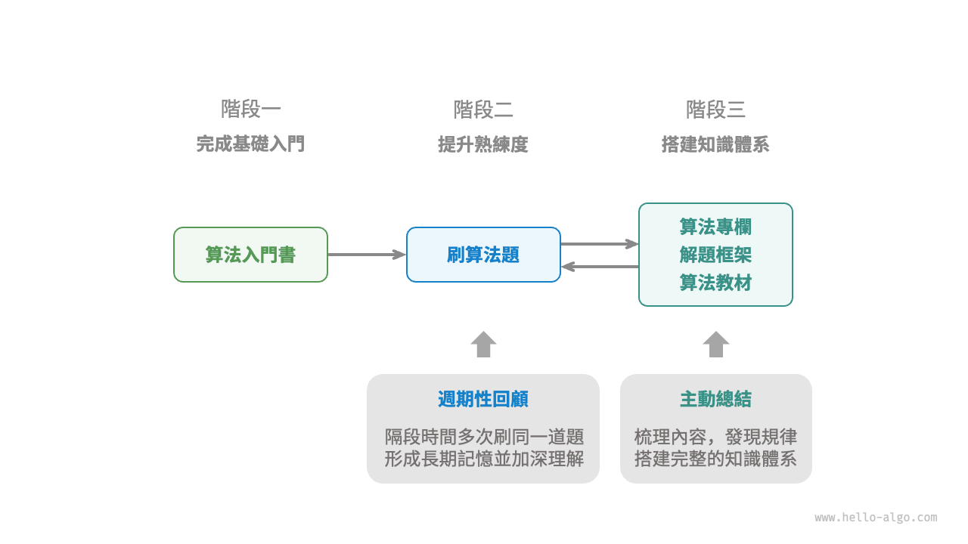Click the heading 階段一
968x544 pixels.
(250, 110)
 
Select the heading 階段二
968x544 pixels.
(483, 110)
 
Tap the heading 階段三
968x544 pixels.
(715, 110)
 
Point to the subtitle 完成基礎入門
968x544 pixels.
(250, 144)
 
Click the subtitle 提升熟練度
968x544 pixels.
(483, 144)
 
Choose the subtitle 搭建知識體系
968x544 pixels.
(715, 144)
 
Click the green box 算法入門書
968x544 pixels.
(250, 255)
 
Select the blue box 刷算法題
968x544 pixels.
(483, 255)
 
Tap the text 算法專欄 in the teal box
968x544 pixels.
(715, 227)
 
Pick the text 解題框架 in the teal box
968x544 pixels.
(715, 255)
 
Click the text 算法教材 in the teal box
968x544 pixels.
(715, 283)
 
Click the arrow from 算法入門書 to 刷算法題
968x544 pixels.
(367, 255)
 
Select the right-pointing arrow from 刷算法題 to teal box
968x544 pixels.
(600, 243)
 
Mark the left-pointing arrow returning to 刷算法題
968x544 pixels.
(600, 266)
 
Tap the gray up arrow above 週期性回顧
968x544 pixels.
(483, 345)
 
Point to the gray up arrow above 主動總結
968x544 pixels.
(715, 345)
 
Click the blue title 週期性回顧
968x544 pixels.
(483, 399)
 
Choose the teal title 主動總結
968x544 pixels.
(715, 399)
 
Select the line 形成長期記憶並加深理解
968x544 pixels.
(483, 458)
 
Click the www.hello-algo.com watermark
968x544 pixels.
(876, 518)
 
